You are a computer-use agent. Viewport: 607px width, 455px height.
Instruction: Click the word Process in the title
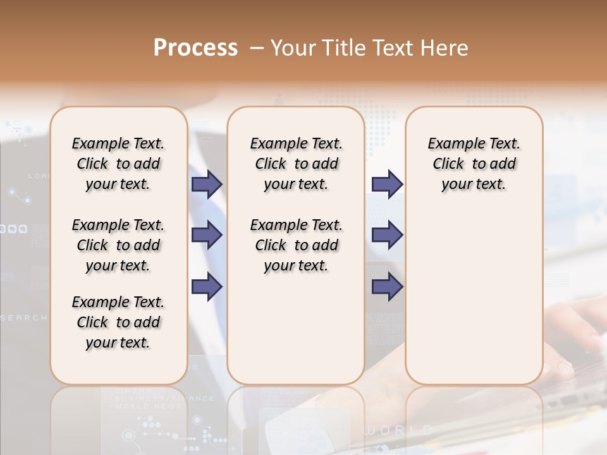pos(195,48)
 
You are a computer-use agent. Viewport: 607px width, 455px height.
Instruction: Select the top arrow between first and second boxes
pos(207,185)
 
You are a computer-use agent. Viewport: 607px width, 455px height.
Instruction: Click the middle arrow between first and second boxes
pos(207,236)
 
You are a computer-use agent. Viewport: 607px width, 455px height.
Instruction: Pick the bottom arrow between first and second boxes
pos(207,287)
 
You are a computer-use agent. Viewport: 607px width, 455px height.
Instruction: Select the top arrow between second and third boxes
pos(387,185)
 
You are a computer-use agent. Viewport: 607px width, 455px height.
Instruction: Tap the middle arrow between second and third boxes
pos(387,236)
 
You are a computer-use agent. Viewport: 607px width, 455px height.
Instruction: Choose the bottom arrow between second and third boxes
pos(387,287)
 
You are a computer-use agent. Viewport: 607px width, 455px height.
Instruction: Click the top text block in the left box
pos(118,164)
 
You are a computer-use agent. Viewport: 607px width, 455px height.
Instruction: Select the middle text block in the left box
pos(118,245)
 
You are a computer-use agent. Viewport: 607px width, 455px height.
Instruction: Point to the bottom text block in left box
pos(118,322)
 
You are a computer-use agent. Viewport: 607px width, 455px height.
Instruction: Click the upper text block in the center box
pos(296,164)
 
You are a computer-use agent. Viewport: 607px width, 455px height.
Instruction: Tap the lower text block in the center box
pos(296,245)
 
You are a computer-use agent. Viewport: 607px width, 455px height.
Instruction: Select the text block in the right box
pos(474,164)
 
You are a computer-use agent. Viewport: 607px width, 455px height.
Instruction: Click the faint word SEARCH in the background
pos(23,318)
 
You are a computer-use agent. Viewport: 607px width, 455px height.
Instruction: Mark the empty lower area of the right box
pos(474,297)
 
